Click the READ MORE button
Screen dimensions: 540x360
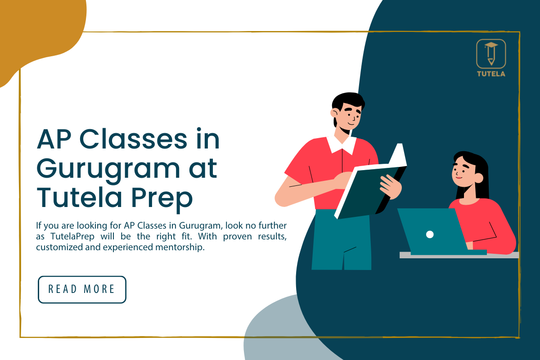pyautogui.click(x=82, y=289)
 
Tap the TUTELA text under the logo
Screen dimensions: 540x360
pyautogui.click(x=491, y=74)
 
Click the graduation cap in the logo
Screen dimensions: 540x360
pyautogui.click(x=491, y=45)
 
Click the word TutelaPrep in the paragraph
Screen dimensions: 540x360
pyautogui.click(x=72, y=237)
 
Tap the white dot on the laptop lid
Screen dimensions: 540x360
pyautogui.click(x=430, y=234)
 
